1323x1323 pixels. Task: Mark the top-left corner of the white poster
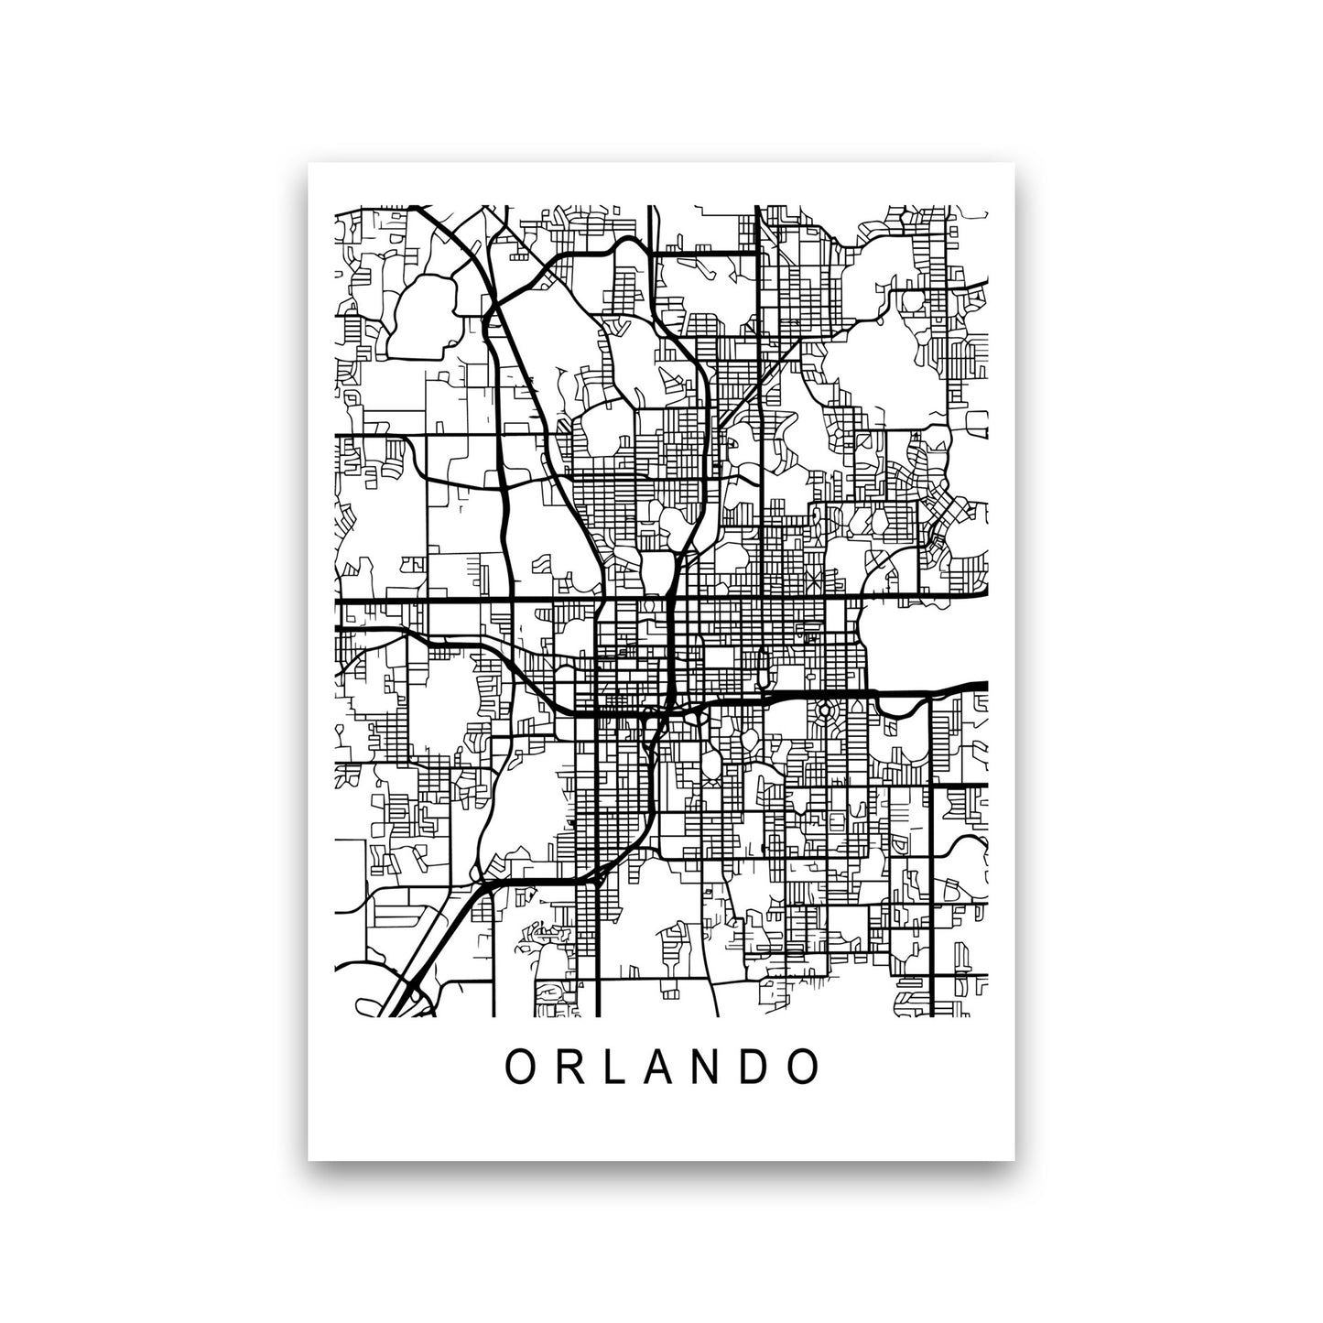point(309,164)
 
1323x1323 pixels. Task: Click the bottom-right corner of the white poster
point(1014,1160)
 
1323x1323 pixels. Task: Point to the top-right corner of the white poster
point(1014,164)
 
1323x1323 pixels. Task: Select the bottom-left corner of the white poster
point(309,1160)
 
